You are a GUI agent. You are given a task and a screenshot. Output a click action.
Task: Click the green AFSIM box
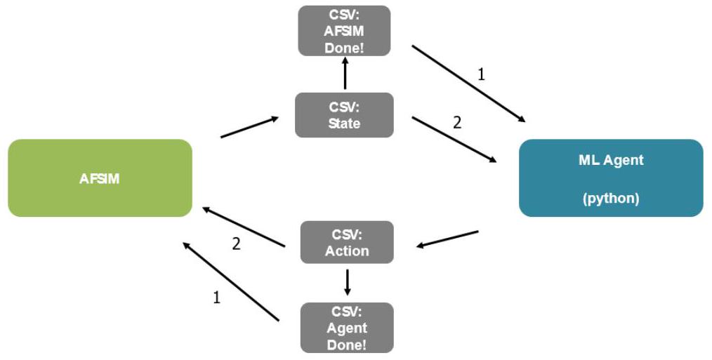point(100,178)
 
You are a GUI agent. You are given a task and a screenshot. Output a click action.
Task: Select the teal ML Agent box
point(610,178)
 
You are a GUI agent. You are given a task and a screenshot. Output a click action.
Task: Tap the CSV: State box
point(344,115)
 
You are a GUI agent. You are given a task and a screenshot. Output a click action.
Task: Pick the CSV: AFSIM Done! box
point(344,31)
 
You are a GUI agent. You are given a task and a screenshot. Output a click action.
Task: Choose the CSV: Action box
point(347,242)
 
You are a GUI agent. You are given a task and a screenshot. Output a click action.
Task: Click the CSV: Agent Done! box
point(347,327)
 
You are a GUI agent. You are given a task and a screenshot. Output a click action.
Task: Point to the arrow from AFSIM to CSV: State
point(249,127)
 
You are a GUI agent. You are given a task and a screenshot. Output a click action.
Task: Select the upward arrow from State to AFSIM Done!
point(345,73)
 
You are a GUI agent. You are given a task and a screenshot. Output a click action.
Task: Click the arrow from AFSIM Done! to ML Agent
point(468,84)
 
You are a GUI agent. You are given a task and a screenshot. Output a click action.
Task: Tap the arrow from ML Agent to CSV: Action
point(447,239)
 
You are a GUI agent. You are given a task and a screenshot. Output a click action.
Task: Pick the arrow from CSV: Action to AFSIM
point(244,227)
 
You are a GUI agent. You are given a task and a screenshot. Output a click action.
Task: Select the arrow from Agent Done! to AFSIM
point(231,281)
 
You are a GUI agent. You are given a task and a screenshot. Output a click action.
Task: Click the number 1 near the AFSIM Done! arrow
point(481,74)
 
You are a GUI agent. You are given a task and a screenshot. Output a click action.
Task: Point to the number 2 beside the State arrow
point(457,122)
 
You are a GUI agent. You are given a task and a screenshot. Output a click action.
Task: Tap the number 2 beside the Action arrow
point(237,244)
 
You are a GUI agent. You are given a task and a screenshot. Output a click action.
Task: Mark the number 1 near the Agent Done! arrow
point(216,297)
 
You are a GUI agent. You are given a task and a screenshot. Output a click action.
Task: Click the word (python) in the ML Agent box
point(610,199)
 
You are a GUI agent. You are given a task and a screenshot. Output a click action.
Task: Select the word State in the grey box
point(344,124)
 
